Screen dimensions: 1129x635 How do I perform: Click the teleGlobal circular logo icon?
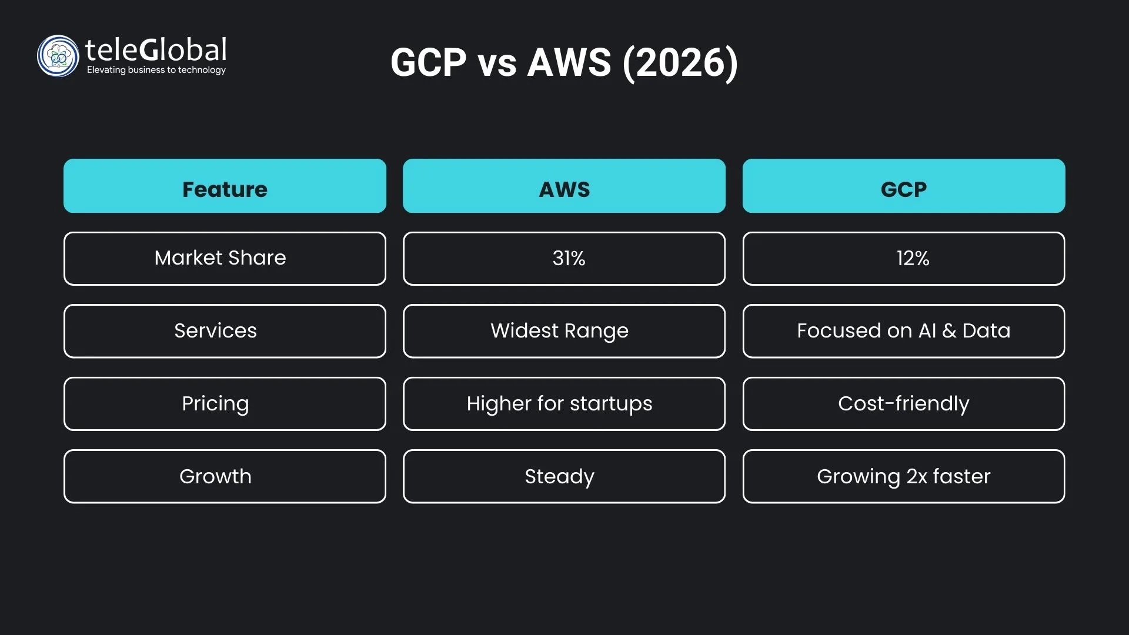[x=58, y=56]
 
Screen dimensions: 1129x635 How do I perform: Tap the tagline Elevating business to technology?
[x=156, y=70]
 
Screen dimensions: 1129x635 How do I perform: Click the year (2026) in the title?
[x=680, y=62]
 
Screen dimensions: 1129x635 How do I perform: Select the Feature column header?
[x=225, y=186]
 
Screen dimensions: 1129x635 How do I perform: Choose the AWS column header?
[x=564, y=186]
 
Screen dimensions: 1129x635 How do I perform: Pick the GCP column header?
[x=904, y=186]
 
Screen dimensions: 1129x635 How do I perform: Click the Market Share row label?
[x=225, y=259]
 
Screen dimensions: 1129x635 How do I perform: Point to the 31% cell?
[x=564, y=259]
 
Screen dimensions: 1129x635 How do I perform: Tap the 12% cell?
[x=904, y=259]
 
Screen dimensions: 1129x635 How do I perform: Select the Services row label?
[x=225, y=331]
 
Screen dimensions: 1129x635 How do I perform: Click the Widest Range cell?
[x=564, y=331]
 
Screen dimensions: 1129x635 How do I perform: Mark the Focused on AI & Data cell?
[x=904, y=331]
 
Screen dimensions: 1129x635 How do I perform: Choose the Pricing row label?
[x=225, y=404]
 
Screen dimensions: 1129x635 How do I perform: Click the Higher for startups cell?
[x=564, y=404]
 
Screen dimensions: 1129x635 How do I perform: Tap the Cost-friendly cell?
[x=904, y=404]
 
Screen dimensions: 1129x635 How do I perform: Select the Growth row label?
[x=225, y=476]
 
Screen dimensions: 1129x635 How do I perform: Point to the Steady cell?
[x=564, y=476]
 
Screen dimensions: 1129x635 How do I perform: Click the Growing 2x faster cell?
[x=904, y=476]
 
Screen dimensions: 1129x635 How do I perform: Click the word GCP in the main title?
[x=429, y=62]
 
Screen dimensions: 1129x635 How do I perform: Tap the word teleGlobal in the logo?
[x=156, y=50]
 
